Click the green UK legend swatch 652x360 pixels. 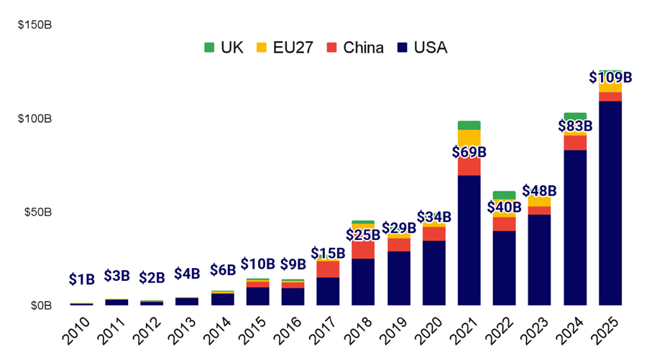[209, 48]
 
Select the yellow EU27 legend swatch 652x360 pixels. [262, 48]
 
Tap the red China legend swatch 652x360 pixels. [331, 48]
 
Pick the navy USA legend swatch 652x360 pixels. [402, 48]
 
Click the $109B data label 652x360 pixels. [610, 77]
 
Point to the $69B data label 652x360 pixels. [469, 152]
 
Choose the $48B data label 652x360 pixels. [540, 190]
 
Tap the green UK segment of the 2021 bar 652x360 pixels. [469, 125]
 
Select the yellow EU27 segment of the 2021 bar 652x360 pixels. [469, 138]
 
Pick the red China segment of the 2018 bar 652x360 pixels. [363, 249]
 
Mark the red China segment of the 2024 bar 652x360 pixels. [575, 142]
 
